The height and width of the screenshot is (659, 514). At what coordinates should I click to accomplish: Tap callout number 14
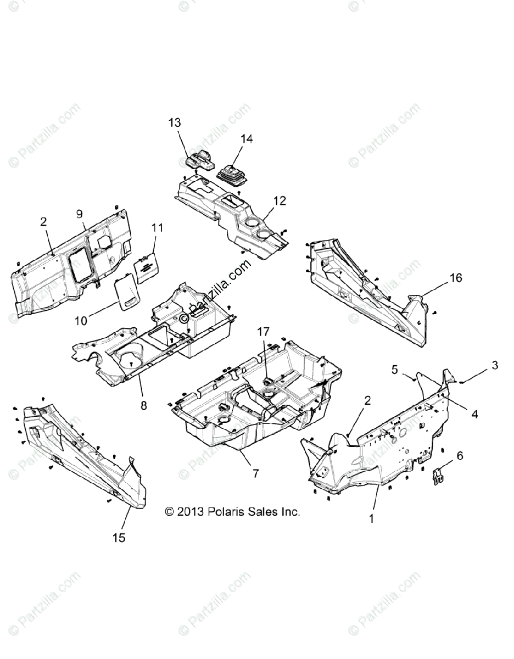[247, 139]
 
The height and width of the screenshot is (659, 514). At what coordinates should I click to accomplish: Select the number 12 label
[280, 201]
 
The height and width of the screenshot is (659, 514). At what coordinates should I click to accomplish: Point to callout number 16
[456, 278]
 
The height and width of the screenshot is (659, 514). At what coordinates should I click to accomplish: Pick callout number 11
[158, 227]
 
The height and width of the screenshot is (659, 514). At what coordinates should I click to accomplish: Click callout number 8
[143, 406]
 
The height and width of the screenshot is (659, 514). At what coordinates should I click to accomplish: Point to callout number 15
[119, 538]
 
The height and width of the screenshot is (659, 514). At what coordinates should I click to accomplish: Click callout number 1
[371, 518]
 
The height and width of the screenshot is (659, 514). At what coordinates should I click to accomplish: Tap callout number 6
[460, 456]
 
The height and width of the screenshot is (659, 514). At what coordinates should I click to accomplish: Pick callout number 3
[495, 365]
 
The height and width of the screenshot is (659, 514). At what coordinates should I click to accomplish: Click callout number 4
[474, 414]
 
